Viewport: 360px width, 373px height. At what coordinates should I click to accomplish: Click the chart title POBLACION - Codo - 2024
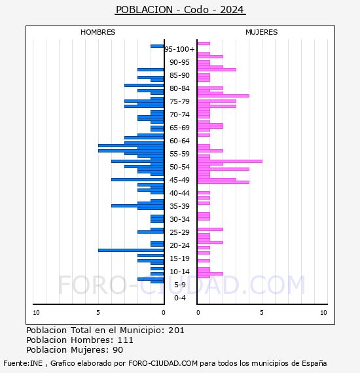(x=180, y=10)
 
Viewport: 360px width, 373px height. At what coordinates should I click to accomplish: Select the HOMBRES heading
(x=98, y=32)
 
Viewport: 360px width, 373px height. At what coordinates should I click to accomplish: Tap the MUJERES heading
(x=262, y=32)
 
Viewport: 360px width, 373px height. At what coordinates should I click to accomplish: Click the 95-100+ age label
(x=179, y=49)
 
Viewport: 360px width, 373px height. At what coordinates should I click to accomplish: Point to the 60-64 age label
(x=179, y=141)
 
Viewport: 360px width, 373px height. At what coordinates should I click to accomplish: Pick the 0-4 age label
(x=180, y=298)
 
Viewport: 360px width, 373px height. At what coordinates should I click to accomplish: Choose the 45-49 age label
(x=179, y=180)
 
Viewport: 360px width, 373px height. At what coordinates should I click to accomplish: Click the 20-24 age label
(x=179, y=245)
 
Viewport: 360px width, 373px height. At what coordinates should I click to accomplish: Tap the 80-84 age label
(x=179, y=88)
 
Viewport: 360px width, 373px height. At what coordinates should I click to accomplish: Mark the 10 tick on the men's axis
(x=36, y=313)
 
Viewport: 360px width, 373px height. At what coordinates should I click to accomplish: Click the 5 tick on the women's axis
(x=262, y=313)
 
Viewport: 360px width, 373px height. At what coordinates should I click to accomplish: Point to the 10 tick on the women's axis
(x=323, y=313)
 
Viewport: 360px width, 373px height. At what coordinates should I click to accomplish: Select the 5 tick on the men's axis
(x=98, y=313)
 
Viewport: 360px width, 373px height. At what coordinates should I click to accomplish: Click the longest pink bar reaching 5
(x=230, y=161)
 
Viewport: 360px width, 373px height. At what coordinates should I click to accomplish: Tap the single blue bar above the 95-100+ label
(x=157, y=46)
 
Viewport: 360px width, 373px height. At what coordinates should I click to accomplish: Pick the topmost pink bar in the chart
(x=204, y=44)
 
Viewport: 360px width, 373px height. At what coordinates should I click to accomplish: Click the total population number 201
(x=176, y=330)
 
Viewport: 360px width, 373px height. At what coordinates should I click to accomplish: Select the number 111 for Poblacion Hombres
(x=126, y=340)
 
